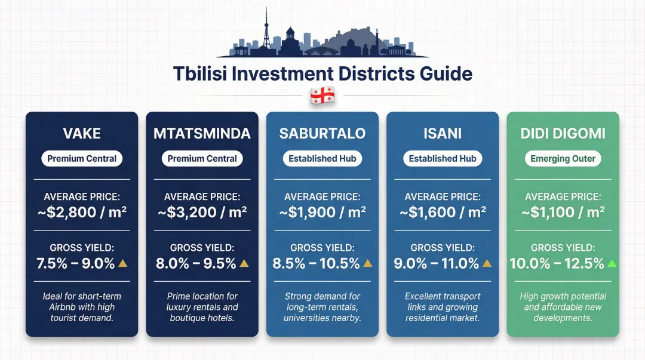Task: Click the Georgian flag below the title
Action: point(322,96)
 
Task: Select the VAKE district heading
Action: point(82,134)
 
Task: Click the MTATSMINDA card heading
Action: point(202,134)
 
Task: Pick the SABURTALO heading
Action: point(322,134)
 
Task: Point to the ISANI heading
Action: point(443,134)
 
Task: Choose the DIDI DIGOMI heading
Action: point(563,134)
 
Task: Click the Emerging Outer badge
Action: point(563,159)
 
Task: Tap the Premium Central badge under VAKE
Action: point(82,159)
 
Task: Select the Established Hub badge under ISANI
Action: point(443,159)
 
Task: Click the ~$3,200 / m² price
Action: point(202,211)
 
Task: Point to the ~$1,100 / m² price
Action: point(563,211)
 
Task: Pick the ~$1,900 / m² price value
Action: point(322,211)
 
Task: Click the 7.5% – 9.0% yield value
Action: point(76,263)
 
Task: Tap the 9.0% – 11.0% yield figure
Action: point(437,263)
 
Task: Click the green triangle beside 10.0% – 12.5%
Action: point(612,263)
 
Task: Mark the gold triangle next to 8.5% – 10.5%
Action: point(368,263)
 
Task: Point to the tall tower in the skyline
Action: point(266,30)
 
